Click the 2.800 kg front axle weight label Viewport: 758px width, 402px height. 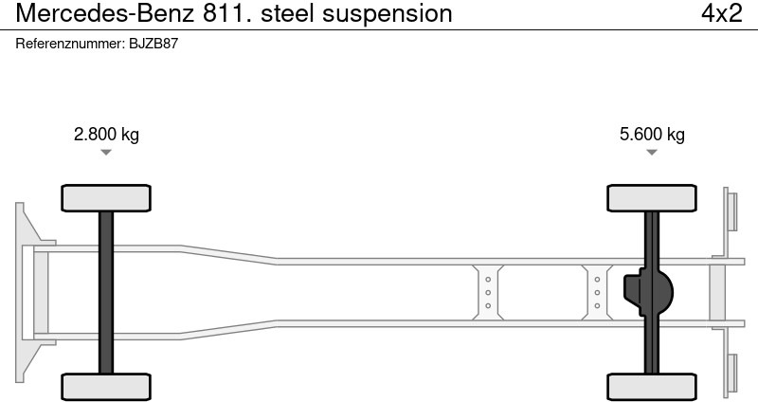[x=106, y=134]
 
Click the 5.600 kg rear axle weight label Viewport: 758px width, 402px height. [x=652, y=134]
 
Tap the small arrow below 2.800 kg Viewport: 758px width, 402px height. [x=106, y=152]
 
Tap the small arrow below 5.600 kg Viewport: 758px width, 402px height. [x=652, y=152]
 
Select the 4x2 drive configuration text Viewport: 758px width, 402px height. [x=722, y=13]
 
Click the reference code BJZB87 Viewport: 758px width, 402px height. [x=153, y=44]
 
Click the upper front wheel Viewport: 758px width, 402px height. [x=106, y=197]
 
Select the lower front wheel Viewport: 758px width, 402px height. [x=106, y=386]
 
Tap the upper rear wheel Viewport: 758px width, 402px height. [x=652, y=197]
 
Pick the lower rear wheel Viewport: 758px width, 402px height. [x=652, y=386]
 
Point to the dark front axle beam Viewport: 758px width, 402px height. [x=106, y=292]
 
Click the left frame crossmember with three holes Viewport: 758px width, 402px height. [x=488, y=292]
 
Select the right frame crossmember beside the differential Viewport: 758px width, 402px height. [x=597, y=292]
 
